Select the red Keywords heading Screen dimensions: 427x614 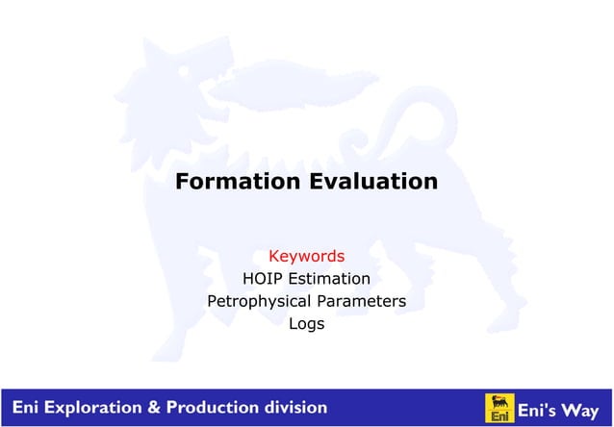tap(306, 257)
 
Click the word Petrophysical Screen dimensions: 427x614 tap(261, 302)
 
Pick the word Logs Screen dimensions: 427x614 tap(306, 324)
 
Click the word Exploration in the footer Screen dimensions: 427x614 tap(84, 408)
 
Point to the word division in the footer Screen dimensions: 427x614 tap(294, 408)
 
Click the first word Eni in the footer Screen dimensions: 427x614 tap(22, 408)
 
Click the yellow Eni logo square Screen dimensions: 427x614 tap(499, 408)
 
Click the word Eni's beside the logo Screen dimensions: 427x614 tap(541, 410)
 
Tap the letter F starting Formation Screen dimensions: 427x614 tap(182, 181)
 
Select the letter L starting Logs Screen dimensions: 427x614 tap(293, 324)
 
